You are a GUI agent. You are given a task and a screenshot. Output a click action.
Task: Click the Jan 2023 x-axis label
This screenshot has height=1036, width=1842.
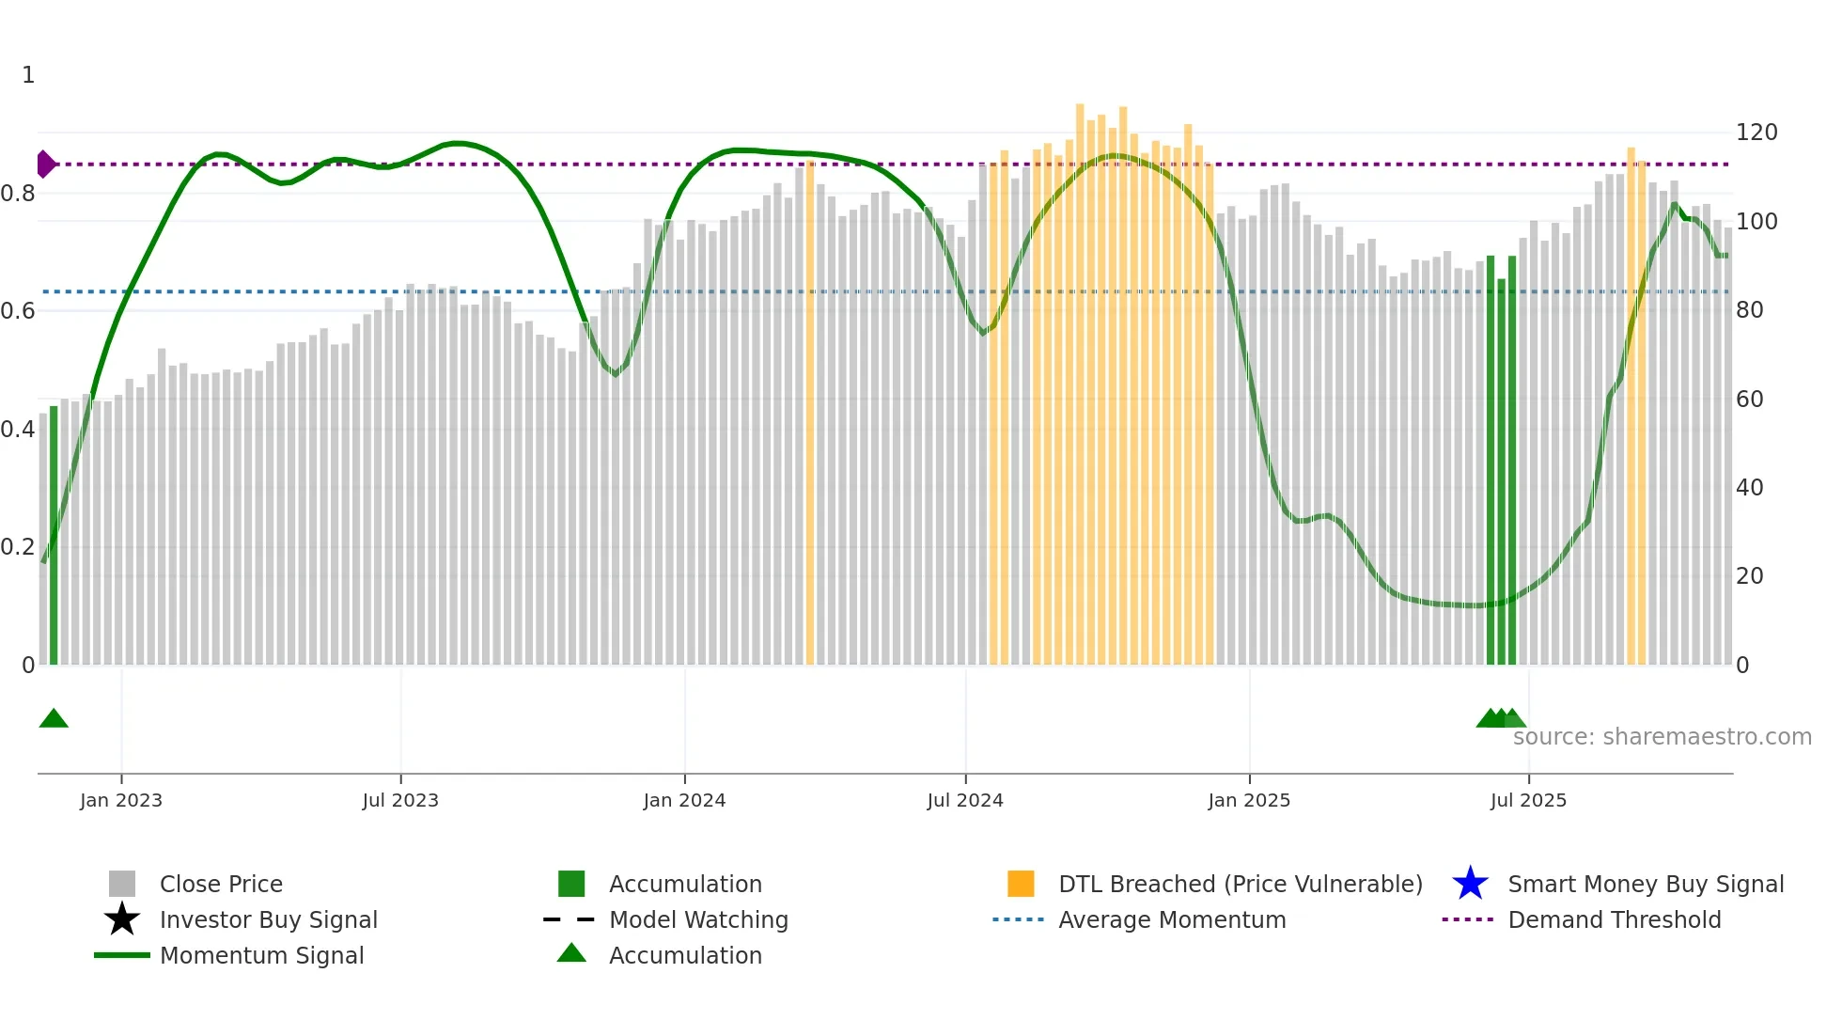pyautogui.click(x=121, y=800)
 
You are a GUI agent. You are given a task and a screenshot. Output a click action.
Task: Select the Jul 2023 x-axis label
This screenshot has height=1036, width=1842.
pyautogui.click(x=400, y=800)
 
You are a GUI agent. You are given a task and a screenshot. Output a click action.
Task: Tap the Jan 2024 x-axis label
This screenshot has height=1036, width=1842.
pyautogui.click(x=684, y=800)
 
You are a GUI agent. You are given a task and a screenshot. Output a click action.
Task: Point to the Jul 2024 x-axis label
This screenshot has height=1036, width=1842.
pyautogui.click(x=965, y=800)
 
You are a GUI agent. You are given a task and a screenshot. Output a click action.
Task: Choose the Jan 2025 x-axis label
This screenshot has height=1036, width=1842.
pyautogui.click(x=1249, y=800)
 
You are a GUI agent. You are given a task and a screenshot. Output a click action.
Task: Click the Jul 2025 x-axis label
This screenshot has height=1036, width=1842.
pyautogui.click(x=1528, y=800)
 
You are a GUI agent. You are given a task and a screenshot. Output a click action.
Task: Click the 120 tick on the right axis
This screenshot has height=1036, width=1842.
pyautogui.click(x=1756, y=133)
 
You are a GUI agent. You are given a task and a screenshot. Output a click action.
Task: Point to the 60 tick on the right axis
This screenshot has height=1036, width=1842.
pyautogui.click(x=1750, y=400)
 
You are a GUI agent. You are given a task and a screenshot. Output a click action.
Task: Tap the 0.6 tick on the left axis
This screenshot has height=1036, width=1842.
pyautogui.click(x=18, y=311)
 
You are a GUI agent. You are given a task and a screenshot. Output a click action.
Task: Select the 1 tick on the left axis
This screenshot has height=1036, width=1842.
pyautogui.click(x=28, y=75)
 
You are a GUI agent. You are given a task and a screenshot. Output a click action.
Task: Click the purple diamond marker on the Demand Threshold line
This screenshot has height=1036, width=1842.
pyautogui.click(x=45, y=165)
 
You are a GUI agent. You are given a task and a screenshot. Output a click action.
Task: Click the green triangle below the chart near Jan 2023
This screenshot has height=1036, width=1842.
pyautogui.click(x=54, y=719)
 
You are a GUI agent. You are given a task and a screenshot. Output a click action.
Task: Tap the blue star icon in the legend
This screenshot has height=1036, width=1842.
pyautogui.click(x=1470, y=884)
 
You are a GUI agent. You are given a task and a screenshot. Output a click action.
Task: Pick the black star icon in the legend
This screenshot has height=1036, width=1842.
pyautogui.click(x=122, y=919)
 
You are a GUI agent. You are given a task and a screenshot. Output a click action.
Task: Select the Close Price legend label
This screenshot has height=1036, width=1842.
pyautogui.click(x=221, y=884)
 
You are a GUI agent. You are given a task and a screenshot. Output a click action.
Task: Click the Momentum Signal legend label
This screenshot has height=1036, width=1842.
pyautogui.click(x=261, y=955)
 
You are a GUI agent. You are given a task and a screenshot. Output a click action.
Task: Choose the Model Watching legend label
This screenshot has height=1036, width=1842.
pyautogui.click(x=698, y=919)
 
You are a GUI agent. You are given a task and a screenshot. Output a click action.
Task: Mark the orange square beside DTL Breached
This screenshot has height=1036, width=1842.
pyautogui.click(x=1021, y=884)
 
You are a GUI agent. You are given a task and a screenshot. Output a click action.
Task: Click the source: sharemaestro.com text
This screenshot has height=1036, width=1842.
pyautogui.click(x=1662, y=737)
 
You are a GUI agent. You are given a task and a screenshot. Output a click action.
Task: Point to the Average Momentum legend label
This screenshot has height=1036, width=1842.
pyautogui.click(x=1172, y=919)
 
